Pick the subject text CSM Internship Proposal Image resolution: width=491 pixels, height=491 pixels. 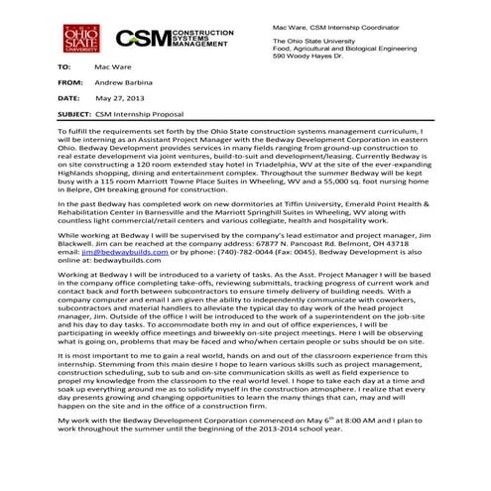coord(132,117)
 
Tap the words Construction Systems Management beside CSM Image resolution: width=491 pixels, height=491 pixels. coord(196,39)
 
